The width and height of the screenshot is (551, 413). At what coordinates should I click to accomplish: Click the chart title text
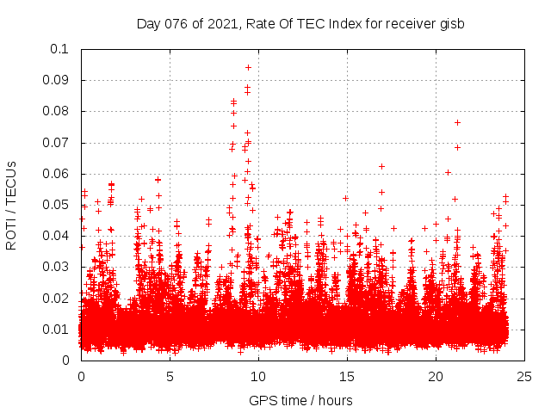(300, 23)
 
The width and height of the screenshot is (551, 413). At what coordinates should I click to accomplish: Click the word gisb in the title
(450, 23)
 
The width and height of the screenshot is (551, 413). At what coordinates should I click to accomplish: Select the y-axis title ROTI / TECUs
(12, 205)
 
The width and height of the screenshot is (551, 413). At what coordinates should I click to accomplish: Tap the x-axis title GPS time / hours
(300, 400)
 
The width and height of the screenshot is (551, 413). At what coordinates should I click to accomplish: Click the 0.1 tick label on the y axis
(60, 49)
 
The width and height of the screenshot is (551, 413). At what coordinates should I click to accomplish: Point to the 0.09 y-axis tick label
(57, 80)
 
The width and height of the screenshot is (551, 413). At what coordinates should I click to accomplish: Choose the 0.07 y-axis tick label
(57, 142)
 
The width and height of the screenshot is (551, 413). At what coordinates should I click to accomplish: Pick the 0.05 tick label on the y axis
(57, 205)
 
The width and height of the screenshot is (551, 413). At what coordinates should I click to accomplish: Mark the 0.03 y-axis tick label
(57, 267)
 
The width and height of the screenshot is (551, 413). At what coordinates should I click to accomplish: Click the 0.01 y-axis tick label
(57, 329)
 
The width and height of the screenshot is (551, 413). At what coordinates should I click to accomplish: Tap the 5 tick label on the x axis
(170, 376)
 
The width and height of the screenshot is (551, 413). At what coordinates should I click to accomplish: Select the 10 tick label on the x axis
(258, 376)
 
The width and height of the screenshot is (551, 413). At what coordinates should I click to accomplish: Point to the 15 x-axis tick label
(347, 376)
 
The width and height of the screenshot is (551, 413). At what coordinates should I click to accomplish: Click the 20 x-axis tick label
(436, 376)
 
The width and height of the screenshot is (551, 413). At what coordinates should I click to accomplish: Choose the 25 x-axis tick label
(524, 376)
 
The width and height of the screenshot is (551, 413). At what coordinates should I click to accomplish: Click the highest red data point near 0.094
(248, 67)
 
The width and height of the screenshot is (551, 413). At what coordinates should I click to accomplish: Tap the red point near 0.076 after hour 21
(457, 122)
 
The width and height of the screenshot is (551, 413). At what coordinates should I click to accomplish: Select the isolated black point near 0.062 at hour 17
(381, 166)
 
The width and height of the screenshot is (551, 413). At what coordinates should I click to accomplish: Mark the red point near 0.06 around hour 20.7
(448, 172)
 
